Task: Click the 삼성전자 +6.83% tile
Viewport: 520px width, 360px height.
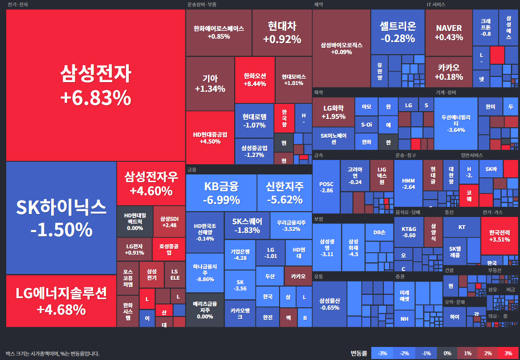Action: pyautogui.click(x=96, y=86)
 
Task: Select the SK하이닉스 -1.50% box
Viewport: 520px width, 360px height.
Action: pyautogui.click(x=61, y=217)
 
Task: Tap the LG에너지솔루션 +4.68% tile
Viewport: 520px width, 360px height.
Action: pyautogui.click(x=61, y=301)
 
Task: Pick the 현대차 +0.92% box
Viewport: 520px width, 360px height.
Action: pyautogui.click(x=282, y=32)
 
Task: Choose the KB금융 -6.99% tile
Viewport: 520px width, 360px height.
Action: pyautogui.click(x=221, y=193)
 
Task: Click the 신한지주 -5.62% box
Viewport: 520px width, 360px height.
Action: pyautogui.click(x=284, y=193)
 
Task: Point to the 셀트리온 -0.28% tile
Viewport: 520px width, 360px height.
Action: pyautogui.click(x=397, y=32)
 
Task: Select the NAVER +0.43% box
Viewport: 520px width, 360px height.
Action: pyautogui.click(x=449, y=32)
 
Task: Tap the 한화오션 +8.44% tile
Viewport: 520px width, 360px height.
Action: pyautogui.click(x=254, y=80)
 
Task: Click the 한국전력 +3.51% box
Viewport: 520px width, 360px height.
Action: pyautogui.click(x=499, y=235)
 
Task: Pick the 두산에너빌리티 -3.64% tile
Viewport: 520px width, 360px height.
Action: pyautogui.click(x=456, y=123)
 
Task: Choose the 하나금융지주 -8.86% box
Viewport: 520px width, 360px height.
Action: pyautogui.click(x=205, y=273)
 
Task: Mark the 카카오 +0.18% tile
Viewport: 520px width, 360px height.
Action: pyautogui.click(x=449, y=72)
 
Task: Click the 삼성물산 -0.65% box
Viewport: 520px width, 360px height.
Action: pyautogui.click(x=329, y=304)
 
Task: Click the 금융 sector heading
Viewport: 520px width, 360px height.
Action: pyautogui.click(x=192, y=170)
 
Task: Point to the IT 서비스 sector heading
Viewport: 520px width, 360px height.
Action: pyautogui.click(x=436, y=4)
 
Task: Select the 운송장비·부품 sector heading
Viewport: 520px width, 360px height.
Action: pyautogui.click(x=201, y=4)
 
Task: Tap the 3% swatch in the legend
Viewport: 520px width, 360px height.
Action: pyautogui.click(x=508, y=353)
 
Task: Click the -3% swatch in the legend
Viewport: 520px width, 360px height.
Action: pyautogui.click(x=382, y=353)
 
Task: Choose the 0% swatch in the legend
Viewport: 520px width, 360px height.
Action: pyautogui.click(x=447, y=353)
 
